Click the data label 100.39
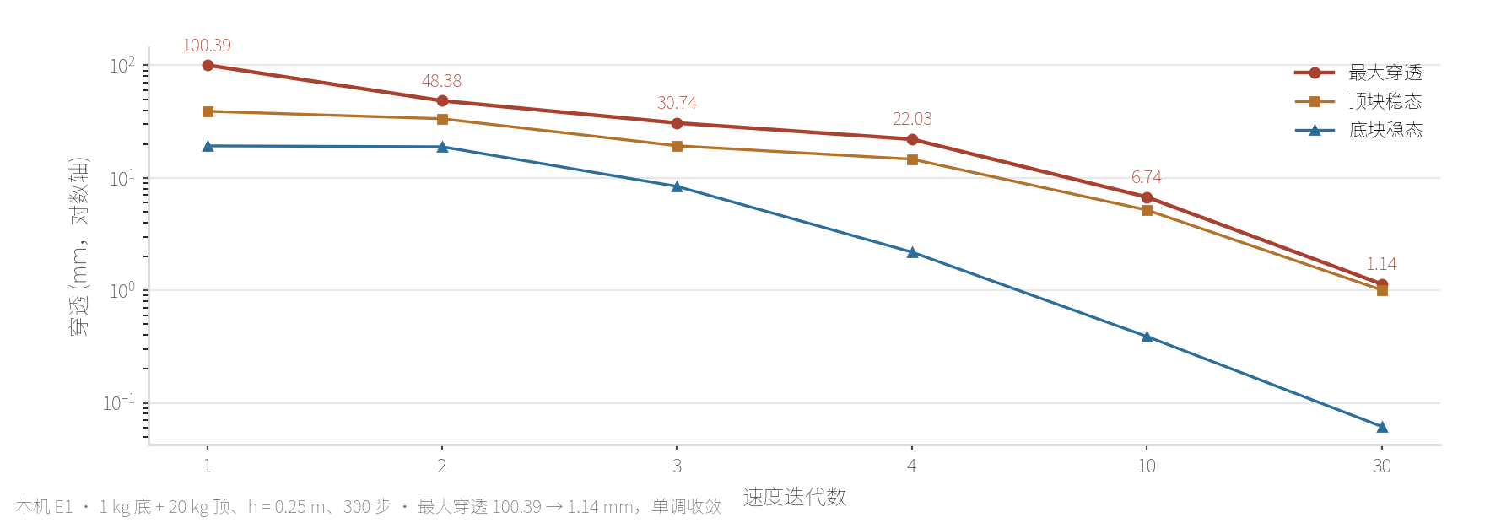coord(207,46)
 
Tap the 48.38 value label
coord(441,81)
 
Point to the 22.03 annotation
coord(912,119)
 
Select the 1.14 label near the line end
coord(1381,264)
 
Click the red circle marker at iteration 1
coord(208,65)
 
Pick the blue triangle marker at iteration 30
coord(1382,427)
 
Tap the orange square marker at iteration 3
coord(677,146)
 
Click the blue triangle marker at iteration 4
coord(912,252)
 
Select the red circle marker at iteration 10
coord(1147,197)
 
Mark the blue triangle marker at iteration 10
coord(1147,337)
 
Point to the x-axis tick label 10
coord(1147,466)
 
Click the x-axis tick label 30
coord(1382,466)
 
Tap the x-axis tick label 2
coord(441,466)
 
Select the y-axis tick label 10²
coord(122,65)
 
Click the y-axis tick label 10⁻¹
coord(119,402)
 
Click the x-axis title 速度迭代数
coord(795,497)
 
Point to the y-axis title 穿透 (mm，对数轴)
coord(78,246)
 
